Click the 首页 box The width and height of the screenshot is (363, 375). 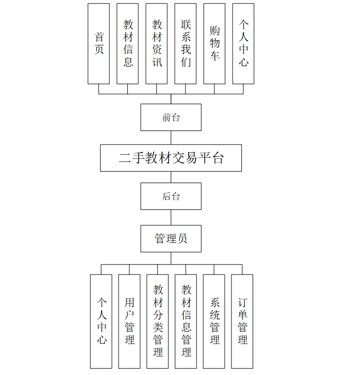[98, 44]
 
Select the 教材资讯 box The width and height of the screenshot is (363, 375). [156, 44]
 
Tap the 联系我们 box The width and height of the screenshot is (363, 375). [185, 44]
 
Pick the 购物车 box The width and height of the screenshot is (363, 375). [214, 44]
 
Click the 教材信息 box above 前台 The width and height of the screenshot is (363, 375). [127, 44]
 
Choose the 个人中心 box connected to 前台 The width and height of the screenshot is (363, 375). [243, 44]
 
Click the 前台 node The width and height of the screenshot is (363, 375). [171, 118]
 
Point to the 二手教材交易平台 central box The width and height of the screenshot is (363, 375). [171, 158]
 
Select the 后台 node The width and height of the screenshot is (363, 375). [171, 196]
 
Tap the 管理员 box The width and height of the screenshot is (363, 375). [171, 238]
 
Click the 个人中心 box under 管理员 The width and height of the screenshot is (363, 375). [101, 321]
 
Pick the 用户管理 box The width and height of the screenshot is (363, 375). [129, 321]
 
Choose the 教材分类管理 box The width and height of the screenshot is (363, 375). [157, 321]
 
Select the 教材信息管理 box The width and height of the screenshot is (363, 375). [186, 321]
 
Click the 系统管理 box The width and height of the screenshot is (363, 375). [214, 321]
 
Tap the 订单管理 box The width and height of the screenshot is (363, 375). [242, 321]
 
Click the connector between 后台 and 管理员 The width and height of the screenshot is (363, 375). [171, 217]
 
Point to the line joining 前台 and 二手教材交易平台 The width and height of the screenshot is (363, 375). [171, 138]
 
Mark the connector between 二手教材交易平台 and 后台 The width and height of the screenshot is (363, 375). [171, 177]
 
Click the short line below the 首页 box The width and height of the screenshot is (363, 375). [98, 89]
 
